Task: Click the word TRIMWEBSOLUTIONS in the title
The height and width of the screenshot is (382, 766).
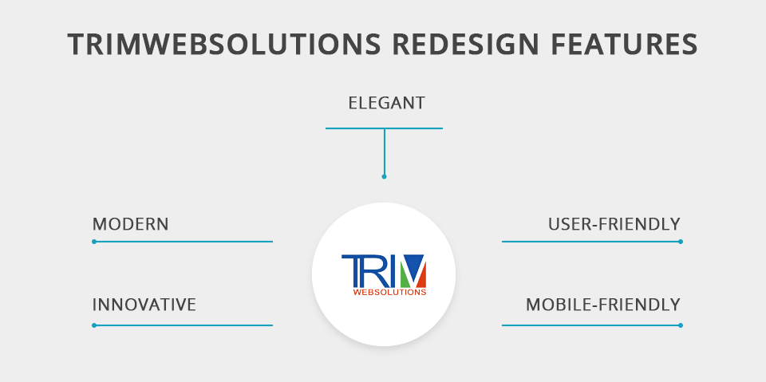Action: (223, 44)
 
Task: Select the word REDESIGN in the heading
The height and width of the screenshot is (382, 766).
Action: (465, 44)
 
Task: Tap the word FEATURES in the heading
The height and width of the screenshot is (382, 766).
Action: (624, 44)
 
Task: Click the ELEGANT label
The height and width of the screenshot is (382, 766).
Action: (386, 103)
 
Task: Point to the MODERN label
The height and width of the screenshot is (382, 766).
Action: (130, 224)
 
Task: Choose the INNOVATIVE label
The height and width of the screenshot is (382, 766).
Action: (144, 305)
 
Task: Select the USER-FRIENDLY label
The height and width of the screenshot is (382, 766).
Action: (614, 224)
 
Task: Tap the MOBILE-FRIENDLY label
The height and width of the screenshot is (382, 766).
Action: (603, 305)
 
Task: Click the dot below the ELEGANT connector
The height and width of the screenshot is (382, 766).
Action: (384, 176)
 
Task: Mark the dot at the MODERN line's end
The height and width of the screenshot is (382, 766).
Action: (94, 242)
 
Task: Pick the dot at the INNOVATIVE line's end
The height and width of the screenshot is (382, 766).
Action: (94, 325)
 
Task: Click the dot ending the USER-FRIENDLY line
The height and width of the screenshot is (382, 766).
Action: (681, 242)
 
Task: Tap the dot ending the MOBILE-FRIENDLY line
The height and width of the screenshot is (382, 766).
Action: (681, 325)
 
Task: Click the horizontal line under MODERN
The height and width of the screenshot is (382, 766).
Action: (184, 242)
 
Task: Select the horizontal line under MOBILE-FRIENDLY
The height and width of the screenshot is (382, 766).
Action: (591, 325)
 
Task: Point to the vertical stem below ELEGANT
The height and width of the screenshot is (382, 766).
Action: (384, 152)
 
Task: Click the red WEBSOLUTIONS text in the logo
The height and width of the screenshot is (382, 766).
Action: (389, 292)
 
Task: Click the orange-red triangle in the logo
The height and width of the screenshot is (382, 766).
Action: (421, 278)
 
